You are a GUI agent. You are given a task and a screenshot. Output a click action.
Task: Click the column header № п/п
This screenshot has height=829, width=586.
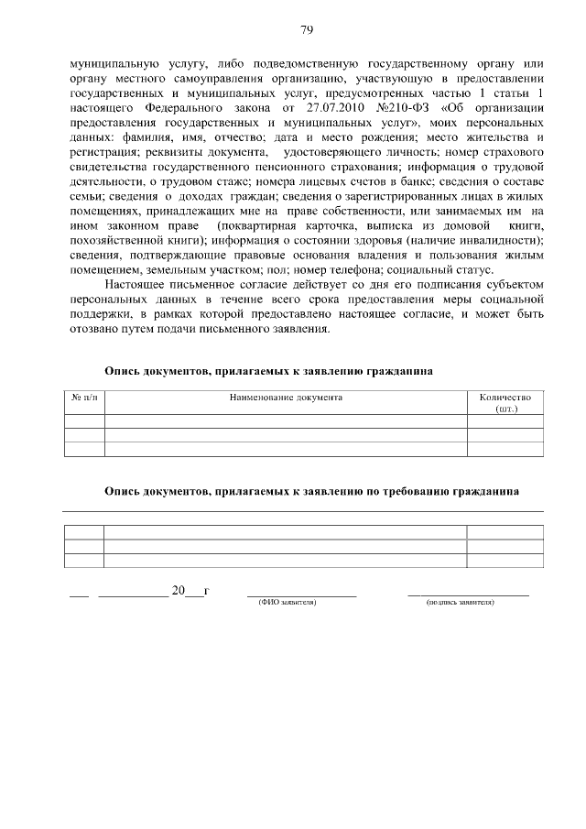(83, 398)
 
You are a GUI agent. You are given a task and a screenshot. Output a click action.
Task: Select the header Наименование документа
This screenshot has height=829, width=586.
(286, 398)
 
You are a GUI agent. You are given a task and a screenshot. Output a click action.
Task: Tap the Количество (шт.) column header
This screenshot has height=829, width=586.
(505, 404)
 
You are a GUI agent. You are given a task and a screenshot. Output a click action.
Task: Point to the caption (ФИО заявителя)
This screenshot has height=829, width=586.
(288, 603)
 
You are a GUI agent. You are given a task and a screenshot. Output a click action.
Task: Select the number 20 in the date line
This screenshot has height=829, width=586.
(178, 589)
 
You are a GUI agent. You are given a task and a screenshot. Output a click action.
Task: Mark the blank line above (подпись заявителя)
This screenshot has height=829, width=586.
(467, 594)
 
